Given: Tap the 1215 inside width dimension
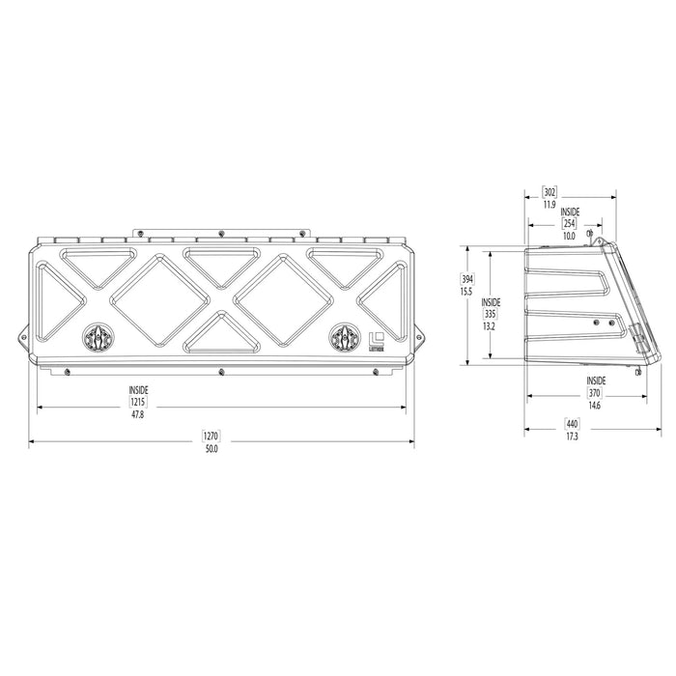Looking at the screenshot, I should [138, 401].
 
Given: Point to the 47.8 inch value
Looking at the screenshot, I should [138, 414].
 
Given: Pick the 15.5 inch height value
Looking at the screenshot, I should [466, 292].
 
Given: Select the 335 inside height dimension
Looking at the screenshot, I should [490, 314].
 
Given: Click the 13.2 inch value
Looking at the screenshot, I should [490, 326].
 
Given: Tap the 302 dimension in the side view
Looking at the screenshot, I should [549, 191].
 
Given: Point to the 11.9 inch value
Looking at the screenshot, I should [549, 205].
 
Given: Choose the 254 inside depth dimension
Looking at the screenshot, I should [569, 223].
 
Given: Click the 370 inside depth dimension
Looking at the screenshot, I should [594, 393].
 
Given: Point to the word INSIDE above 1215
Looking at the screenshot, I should [138, 389].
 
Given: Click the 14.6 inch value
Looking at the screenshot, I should [594, 406].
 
